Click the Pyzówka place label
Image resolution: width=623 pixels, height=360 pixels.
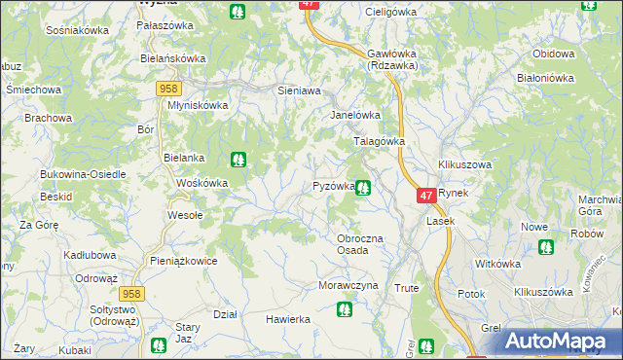click(x=333, y=186)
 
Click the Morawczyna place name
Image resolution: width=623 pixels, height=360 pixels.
click(x=347, y=286)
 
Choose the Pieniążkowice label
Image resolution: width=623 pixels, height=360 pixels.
click(x=183, y=261)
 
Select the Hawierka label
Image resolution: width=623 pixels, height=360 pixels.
click(x=288, y=319)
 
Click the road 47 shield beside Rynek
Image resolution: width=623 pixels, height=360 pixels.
click(x=426, y=196)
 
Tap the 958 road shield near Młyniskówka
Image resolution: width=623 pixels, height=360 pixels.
click(x=165, y=89)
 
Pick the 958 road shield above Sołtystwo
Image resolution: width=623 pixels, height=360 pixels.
click(x=133, y=293)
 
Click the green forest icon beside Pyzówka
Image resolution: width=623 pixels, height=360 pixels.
click(x=363, y=188)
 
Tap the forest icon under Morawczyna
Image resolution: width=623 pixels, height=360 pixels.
click(x=343, y=309)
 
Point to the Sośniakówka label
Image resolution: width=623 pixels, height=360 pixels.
click(x=78, y=30)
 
